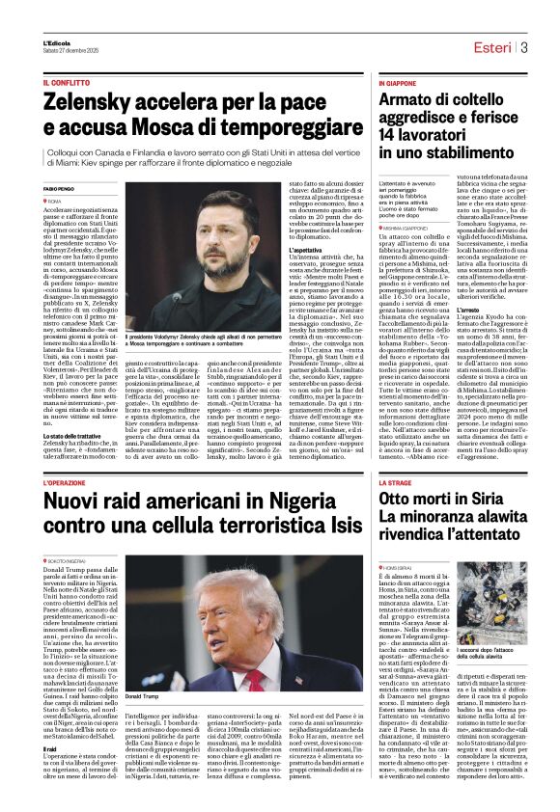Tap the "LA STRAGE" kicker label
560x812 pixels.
(x=396, y=480)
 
